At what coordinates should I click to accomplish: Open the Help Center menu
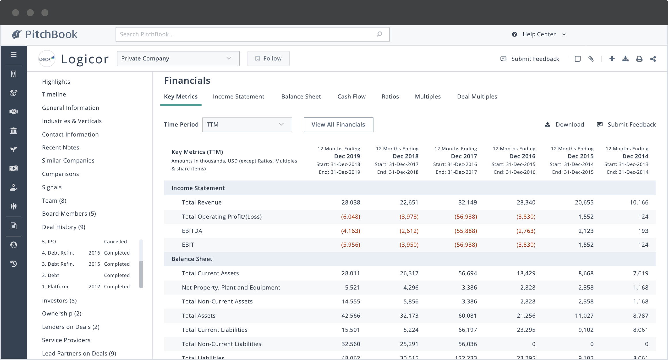point(539,34)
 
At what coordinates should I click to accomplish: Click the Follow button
point(268,58)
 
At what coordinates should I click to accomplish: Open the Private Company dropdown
point(178,58)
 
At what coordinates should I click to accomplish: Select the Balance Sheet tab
point(301,96)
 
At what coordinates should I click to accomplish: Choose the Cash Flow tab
point(351,96)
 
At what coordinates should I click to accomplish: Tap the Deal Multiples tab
point(477,96)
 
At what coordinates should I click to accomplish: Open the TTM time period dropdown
point(247,124)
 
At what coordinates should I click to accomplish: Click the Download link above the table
point(565,124)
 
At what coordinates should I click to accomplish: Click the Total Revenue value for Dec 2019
point(350,202)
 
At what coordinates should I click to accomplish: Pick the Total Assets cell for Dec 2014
point(640,316)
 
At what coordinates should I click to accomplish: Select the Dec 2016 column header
point(522,156)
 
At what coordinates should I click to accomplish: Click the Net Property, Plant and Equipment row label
point(231,287)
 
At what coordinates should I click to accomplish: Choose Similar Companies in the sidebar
point(68,160)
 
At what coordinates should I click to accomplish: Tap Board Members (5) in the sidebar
point(69,214)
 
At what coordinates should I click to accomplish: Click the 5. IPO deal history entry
point(49,242)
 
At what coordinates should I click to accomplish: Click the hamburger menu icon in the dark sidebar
point(14,55)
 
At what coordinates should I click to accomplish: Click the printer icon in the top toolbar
point(639,59)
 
